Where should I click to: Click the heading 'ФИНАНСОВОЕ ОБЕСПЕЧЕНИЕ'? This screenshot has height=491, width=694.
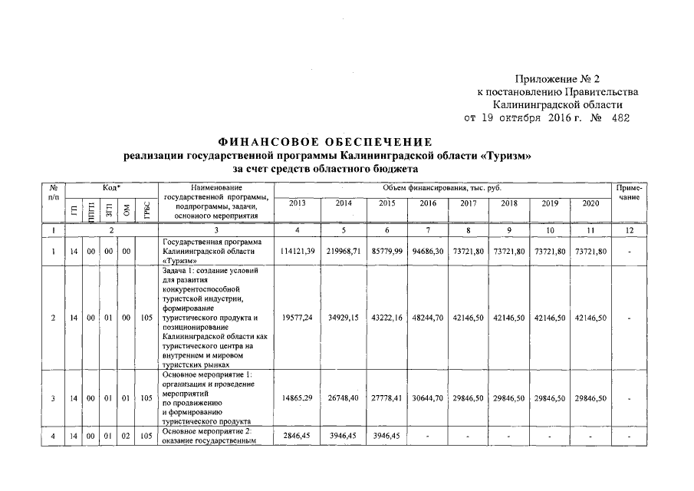coord(326,142)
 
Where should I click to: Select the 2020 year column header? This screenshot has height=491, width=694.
coord(591,203)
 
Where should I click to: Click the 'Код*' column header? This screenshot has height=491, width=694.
coord(112,187)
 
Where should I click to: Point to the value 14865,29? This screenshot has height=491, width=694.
coord(298,398)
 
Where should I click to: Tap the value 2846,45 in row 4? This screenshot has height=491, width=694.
coord(298,437)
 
